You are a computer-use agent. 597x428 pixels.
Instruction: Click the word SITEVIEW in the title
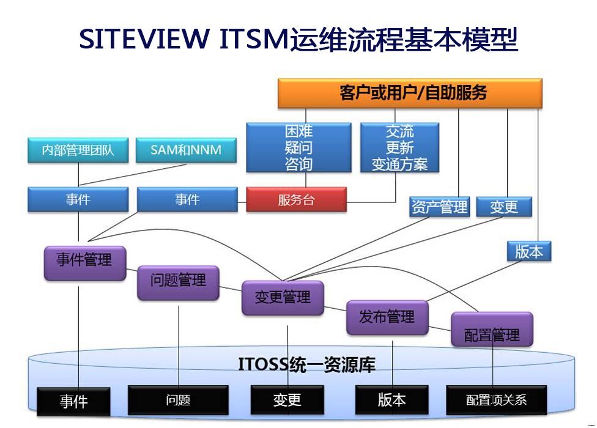click(x=144, y=40)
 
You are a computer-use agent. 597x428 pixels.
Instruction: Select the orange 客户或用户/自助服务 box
click(x=410, y=93)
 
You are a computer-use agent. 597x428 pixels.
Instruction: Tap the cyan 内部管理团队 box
click(x=78, y=150)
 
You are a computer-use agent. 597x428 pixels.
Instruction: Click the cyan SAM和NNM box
click(x=186, y=150)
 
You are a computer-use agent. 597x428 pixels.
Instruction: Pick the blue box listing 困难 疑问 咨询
click(x=298, y=147)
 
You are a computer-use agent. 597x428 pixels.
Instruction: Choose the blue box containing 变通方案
click(x=399, y=147)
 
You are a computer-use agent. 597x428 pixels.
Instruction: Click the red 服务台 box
click(x=296, y=200)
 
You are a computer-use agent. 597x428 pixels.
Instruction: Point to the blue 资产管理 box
click(x=439, y=207)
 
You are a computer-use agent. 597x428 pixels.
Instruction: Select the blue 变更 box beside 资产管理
click(x=503, y=207)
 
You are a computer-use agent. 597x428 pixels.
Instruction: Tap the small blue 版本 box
click(x=528, y=251)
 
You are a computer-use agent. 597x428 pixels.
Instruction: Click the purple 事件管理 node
click(x=84, y=262)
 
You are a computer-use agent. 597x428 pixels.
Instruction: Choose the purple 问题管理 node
click(x=178, y=282)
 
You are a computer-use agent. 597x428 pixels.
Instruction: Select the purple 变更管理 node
click(x=283, y=298)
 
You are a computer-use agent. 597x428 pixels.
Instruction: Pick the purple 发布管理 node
click(x=387, y=317)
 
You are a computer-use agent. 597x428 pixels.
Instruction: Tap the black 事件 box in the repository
click(x=73, y=401)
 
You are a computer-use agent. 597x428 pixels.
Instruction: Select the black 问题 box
click(x=178, y=400)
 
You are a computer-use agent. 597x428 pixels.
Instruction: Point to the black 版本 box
click(x=391, y=400)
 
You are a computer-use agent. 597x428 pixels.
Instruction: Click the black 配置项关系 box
click(x=496, y=400)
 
